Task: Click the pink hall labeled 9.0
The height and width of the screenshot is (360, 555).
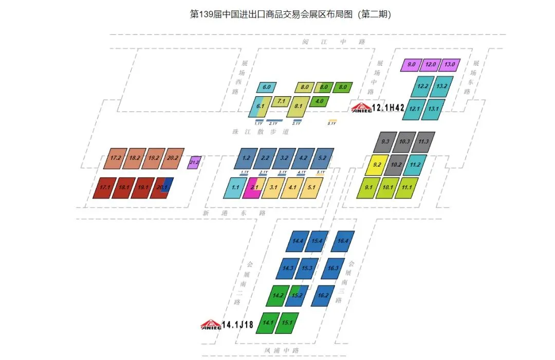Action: [x=411, y=65]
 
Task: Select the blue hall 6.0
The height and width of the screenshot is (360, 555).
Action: [x=267, y=87]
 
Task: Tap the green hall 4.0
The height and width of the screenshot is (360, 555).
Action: [x=319, y=101]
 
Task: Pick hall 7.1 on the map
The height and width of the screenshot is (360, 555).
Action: [x=281, y=102]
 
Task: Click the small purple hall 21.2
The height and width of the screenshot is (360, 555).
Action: [x=194, y=163]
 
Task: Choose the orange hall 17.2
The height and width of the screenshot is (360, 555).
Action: [x=116, y=158]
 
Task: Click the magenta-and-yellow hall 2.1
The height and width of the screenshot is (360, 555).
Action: [x=254, y=188]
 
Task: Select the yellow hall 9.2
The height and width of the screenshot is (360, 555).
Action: [x=377, y=165]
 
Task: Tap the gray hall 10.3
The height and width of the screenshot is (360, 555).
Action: [x=404, y=142]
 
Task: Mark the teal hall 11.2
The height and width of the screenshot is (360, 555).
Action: [x=415, y=165]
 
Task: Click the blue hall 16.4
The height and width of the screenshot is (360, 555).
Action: [x=343, y=241]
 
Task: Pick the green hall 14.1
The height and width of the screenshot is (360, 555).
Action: [x=268, y=323]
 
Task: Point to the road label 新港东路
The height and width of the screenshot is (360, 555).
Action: [x=234, y=213]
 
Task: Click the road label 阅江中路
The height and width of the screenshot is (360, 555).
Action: [x=334, y=42]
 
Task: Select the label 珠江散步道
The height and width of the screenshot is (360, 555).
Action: [x=261, y=132]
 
